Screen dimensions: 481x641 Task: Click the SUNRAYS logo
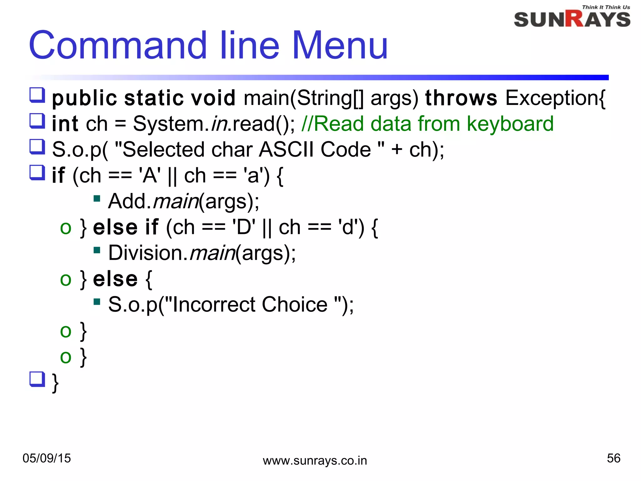tap(572, 19)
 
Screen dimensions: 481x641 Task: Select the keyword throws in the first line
tap(461, 98)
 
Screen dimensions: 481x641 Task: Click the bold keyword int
tap(65, 124)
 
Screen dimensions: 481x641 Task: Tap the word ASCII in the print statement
tap(286, 149)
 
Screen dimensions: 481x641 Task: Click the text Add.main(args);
tap(184, 201)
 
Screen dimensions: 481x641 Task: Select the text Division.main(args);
tap(202, 253)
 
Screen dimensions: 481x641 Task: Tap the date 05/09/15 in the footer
tap(47, 458)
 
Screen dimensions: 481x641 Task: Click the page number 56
tap(613, 458)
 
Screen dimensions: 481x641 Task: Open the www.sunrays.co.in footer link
tap(315, 461)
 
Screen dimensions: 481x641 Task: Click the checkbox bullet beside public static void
tap(37, 95)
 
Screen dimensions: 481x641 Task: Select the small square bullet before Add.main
tap(97, 199)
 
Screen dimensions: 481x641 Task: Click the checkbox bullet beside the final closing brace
tap(37, 379)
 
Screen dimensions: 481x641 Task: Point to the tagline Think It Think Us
tap(606, 7)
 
